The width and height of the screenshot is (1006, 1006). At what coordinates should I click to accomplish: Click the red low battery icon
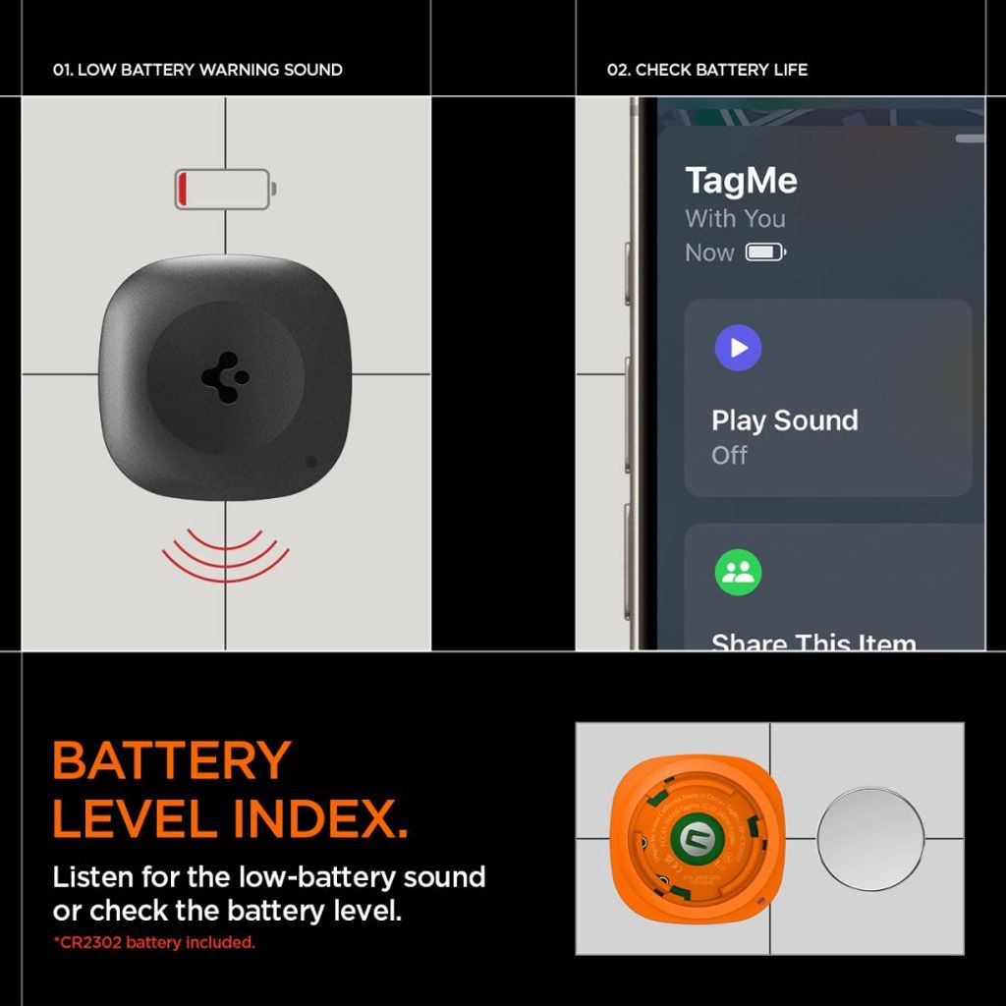[225, 189]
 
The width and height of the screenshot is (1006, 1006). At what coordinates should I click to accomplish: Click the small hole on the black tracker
[311, 461]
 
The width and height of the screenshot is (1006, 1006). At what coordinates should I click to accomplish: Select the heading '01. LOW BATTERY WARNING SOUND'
[197, 70]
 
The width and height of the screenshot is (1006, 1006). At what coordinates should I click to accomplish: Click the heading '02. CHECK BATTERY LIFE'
[707, 70]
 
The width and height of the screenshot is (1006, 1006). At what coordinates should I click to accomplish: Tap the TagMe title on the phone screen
[741, 181]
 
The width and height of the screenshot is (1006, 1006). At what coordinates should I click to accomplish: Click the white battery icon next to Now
[765, 252]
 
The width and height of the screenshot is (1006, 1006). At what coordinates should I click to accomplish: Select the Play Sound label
[784, 420]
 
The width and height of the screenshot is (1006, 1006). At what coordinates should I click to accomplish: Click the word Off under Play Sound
[729, 455]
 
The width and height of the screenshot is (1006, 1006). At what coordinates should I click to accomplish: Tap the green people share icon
[738, 573]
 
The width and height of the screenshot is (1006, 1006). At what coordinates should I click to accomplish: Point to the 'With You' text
[735, 218]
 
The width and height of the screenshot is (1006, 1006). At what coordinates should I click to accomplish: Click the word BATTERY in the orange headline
[172, 760]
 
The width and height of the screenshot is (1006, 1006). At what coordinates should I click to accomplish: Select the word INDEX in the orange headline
[320, 818]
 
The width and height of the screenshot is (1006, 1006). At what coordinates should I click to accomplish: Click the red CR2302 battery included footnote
[154, 943]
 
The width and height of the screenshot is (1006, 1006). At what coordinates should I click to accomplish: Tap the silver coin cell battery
[870, 838]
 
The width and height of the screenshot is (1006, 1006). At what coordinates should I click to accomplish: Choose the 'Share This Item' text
[813, 642]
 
